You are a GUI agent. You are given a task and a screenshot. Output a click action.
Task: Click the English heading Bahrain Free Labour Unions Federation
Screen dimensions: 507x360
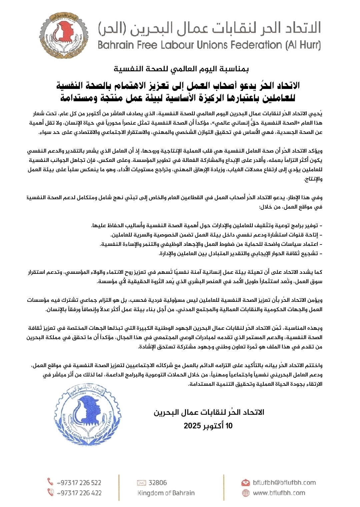point(209,45)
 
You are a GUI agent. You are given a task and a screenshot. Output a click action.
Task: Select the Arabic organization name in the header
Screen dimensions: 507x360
point(209,28)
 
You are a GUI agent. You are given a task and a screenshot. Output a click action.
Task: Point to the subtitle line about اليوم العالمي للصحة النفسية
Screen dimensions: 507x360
point(181,69)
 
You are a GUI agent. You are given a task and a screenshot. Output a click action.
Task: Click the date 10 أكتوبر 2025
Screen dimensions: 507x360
point(208,426)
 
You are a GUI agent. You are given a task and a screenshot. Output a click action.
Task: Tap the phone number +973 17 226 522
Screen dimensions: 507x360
point(79,482)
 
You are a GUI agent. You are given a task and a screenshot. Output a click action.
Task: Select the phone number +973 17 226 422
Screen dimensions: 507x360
point(79,493)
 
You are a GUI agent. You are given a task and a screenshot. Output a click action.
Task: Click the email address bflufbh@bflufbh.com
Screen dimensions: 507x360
point(284,482)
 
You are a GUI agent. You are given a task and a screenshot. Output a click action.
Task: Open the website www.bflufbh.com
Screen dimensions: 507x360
point(279,493)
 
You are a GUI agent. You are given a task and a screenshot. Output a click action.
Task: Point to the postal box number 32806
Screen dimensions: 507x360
point(158,482)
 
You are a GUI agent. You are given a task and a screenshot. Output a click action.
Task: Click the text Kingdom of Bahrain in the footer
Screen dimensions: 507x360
point(166,493)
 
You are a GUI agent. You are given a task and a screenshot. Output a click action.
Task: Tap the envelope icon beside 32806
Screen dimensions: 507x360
point(142,483)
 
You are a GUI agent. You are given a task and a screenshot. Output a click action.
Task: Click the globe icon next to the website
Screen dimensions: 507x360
point(246,493)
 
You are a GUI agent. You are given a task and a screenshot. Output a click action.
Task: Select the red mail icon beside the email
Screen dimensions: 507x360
point(246,482)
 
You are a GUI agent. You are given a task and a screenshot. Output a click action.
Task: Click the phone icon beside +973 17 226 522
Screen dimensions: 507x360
point(50,482)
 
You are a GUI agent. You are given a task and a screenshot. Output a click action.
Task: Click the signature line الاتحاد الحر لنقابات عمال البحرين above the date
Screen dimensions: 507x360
point(209,412)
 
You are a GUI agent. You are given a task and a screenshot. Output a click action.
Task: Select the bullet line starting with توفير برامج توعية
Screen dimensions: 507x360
point(207,226)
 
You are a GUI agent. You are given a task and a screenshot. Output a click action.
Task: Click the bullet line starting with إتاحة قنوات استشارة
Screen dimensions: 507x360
point(217,235)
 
